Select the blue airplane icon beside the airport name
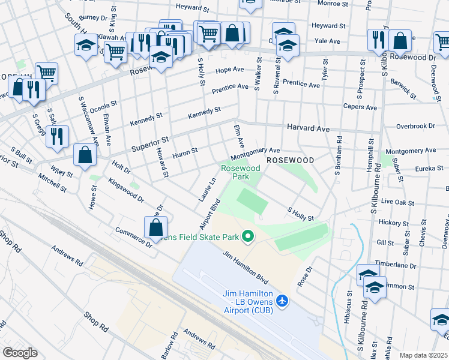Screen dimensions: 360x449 pyautogui.click(x=283, y=299)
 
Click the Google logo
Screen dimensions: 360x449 pyautogui.click(x=20, y=353)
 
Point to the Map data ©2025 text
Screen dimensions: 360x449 pyautogui.click(x=424, y=355)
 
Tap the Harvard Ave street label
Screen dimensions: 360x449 pyautogui.click(x=308, y=128)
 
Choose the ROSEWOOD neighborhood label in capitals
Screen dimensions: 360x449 pyautogui.click(x=290, y=161)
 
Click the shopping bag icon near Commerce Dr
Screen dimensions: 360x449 pyautogui.click(x=155, y=227)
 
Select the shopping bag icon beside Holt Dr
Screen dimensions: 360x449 pyautogui.click(x=85, y=155)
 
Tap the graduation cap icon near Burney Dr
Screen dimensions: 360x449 pyautogui.click(x=86, y=45)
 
